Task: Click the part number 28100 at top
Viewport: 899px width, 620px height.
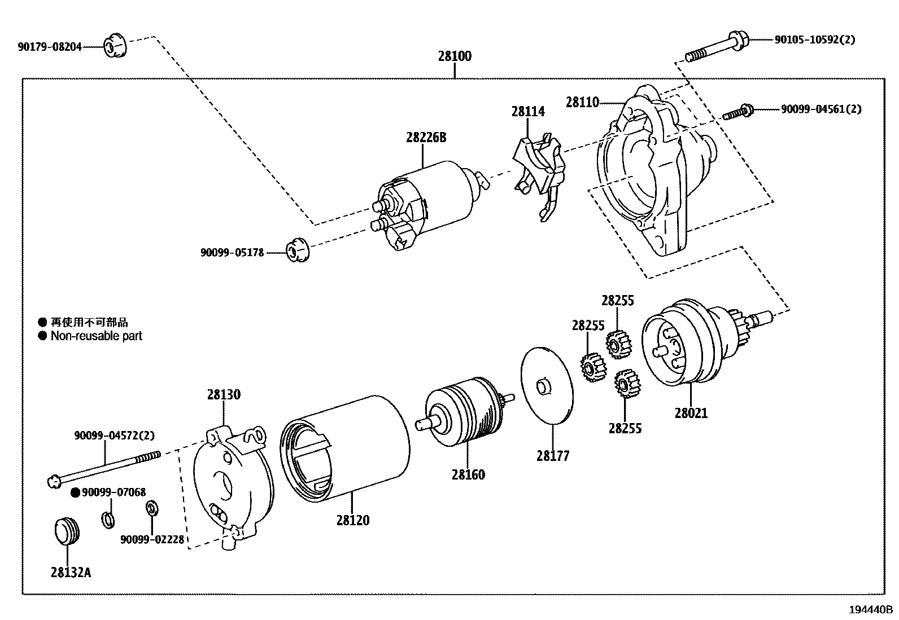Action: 454,56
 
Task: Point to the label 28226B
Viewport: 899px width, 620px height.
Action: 426,137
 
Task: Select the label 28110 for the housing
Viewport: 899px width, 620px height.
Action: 582,102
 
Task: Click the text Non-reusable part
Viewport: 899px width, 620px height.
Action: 97,336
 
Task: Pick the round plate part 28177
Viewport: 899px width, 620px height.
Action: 547,386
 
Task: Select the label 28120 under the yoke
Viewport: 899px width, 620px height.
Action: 353,520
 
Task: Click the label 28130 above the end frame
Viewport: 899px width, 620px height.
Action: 224,394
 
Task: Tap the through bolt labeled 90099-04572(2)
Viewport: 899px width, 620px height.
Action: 104,467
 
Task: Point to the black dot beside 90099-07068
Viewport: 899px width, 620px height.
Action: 75,493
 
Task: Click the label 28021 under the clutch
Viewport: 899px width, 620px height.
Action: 691,413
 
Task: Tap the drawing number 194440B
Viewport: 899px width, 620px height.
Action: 870,610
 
